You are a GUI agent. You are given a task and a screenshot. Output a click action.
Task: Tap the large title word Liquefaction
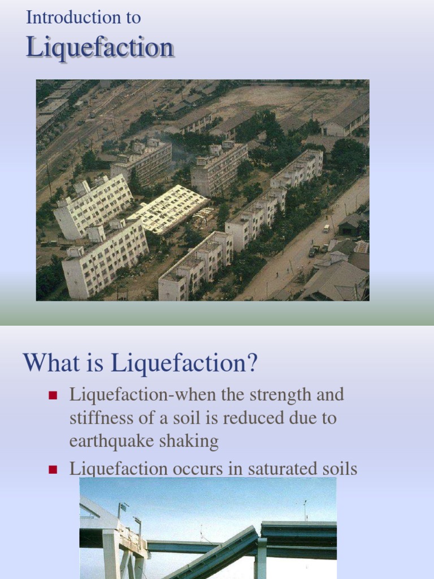click(x=99, y=47)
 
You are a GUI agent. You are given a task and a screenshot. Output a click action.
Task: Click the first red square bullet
click(x=54, y=395)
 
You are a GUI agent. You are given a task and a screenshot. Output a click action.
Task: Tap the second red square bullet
click(x=54, y=469)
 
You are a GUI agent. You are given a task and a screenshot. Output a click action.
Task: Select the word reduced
click(x=265, y=418)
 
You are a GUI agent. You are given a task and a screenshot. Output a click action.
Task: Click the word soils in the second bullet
click(x=338, y=468)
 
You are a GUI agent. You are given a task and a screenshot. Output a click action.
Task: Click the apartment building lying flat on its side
click(x=168, y=209)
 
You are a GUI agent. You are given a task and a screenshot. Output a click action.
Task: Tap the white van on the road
click(x=325, y=228)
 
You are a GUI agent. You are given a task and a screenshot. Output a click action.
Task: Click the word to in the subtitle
click(x=133, y=18)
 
